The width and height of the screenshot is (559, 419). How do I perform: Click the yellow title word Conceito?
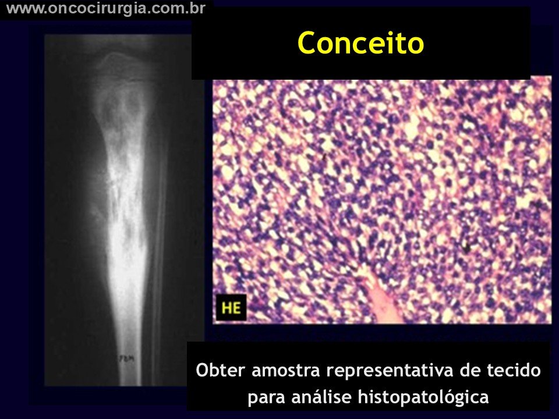coord(360,42)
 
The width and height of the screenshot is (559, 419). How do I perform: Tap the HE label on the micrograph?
coord(231,308)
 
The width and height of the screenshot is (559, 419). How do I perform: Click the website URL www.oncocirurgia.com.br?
coord(106,9)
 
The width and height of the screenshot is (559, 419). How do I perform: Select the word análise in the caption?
coord(321,396)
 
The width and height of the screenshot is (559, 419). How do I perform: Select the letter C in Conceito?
coord(307,43)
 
